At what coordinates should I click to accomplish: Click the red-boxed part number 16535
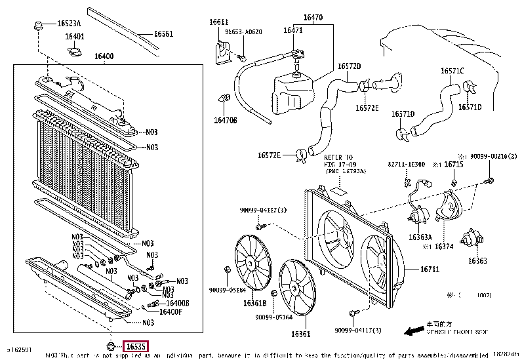click(136, 346)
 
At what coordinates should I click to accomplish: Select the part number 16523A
click(69, 24)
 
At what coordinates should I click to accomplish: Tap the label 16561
click(163, 34)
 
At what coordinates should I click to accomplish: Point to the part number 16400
click(104, 58)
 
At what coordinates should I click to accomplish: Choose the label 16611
click(218, 22)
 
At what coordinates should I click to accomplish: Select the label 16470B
click(225, 120)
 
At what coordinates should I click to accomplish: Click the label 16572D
click(350, 66)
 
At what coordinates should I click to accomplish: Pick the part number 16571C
click(452, 70)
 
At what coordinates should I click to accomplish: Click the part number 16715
click(453, 165)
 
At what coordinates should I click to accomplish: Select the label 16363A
click(420, 237)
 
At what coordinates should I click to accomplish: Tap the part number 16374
click(443, 247)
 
